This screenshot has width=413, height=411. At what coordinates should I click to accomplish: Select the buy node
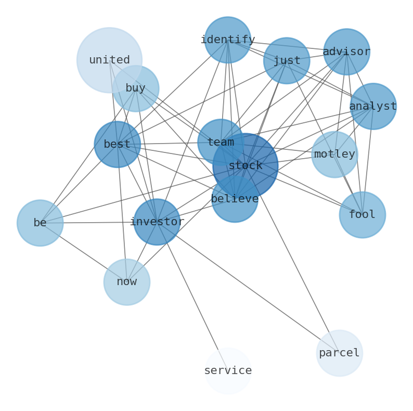tap(136, 88)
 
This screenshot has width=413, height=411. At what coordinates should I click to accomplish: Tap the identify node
tap(228, 40)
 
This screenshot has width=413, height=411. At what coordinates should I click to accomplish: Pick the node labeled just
tap(287, 60)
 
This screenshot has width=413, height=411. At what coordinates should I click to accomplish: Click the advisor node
tap(346, 52)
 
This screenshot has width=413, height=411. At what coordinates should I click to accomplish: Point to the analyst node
tap(373, 106)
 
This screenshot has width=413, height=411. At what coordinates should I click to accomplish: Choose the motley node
tap(334, 154)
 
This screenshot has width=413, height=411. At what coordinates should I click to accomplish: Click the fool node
tap(363, 214)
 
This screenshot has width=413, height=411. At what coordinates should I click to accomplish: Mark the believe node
tap(235, 203)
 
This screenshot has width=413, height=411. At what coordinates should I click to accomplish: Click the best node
tap(117, 144)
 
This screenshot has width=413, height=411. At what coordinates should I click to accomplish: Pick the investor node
tap(157, 222)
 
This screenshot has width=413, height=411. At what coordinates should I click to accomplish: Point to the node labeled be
tap(40, 223)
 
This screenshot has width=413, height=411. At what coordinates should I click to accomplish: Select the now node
tap(127, 282)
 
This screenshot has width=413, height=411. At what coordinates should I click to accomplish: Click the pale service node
tap(228, 370)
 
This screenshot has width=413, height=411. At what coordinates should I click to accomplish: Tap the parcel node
tap(339, 353)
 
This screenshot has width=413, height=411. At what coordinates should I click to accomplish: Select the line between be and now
tap(83, 252)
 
